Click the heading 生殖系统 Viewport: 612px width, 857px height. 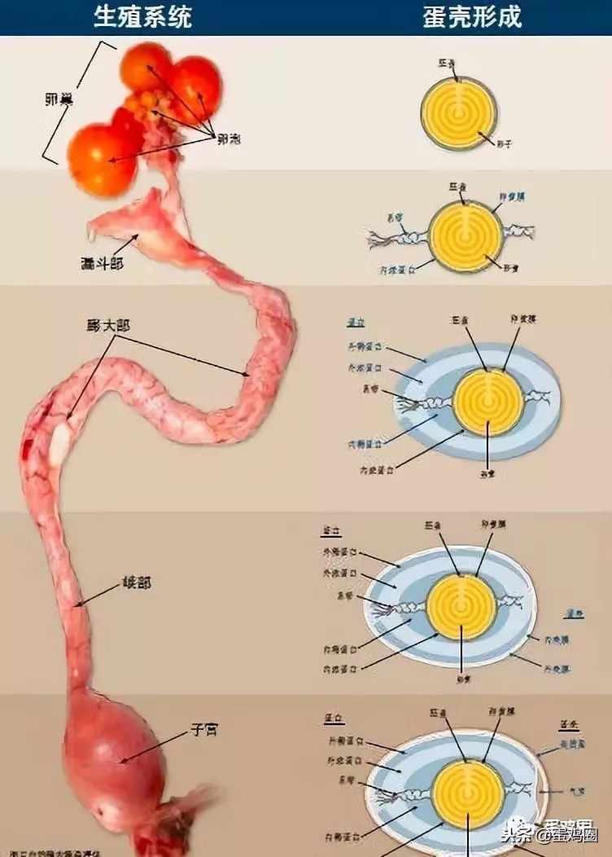tap(142, 16)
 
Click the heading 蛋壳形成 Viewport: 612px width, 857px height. tap(472, 16)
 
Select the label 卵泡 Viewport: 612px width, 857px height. tap(229, 138)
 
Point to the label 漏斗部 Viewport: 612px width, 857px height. tap(103, 263)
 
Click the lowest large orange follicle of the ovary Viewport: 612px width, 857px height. tap(101, 160)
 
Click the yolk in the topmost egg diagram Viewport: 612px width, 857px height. tap(460, 113)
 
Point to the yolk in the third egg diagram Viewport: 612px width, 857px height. tap(487, 402)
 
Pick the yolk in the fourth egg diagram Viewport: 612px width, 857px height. tap(461, 606)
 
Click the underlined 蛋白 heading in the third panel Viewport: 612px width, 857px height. tap(356, 321)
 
